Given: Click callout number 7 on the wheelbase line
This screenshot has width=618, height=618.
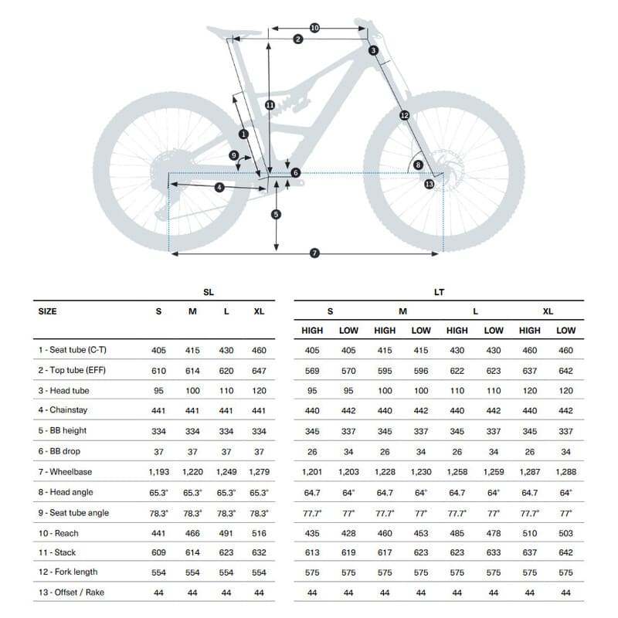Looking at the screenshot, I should [314, 253].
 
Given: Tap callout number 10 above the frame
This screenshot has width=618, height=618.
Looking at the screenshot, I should [314, 28].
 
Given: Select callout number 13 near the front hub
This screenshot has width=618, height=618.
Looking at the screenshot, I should [430, 184].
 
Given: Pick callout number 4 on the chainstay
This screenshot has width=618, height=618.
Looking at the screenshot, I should [219, 187].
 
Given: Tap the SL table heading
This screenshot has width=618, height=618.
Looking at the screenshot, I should [209, 292].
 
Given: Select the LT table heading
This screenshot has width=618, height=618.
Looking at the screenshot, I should [439, 292].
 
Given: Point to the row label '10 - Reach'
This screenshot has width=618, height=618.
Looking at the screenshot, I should [59, 532].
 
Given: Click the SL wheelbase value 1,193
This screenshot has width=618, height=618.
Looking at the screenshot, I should [158, 472].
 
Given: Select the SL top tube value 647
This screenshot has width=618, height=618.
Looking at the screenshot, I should [259, 371].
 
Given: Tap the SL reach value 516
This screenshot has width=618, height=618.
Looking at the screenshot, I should [259, 532].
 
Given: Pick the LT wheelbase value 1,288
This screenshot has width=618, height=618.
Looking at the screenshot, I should [566, 472].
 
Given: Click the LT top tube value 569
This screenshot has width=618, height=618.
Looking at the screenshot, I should [312, 371].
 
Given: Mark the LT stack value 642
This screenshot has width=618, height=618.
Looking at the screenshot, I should [566, 552].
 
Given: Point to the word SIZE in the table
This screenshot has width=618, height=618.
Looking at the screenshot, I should [48, 311].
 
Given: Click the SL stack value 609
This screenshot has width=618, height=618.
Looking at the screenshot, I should [158, 552].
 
